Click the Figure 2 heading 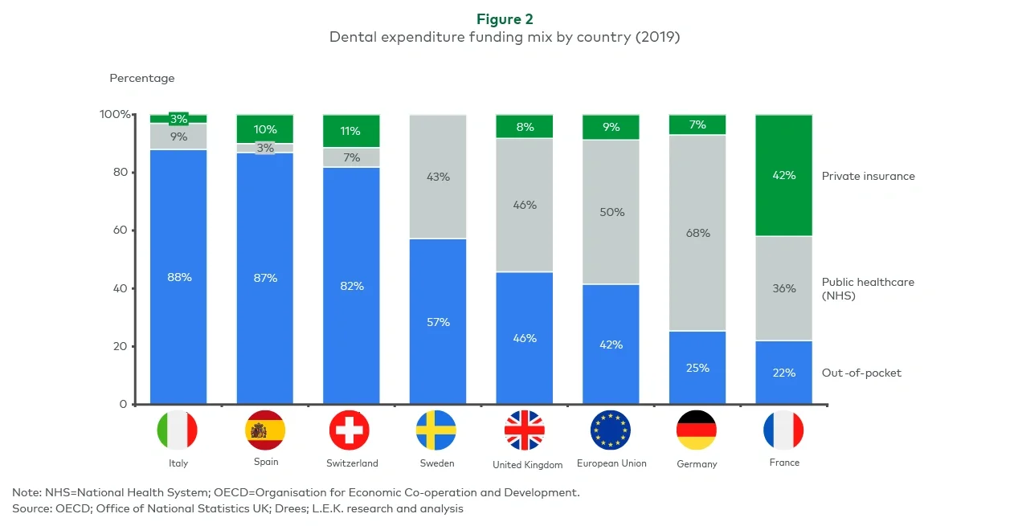(x=505, y=18)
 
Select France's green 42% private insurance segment (x=783, y=175)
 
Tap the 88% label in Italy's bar (x=178, y=277)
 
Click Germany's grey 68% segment (x=697, y=233)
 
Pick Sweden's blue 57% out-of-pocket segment (x=438, y=322)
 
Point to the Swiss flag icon (x=350, y=430)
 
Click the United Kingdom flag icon (x=524, y=430)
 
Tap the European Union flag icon (x=611, y=430)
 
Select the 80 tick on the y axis (x=120, y=172)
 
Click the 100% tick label (x=114, y=114)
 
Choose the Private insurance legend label (x=868, y=176)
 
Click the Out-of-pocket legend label (x=861, y=373)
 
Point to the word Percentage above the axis (x=141, y=78)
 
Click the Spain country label (x=265, y=462)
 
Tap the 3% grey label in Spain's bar (x=265, y=148)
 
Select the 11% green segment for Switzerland (x=350, y=131)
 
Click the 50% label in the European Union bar (x=611, y=212)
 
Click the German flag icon (x=697, y=430)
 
